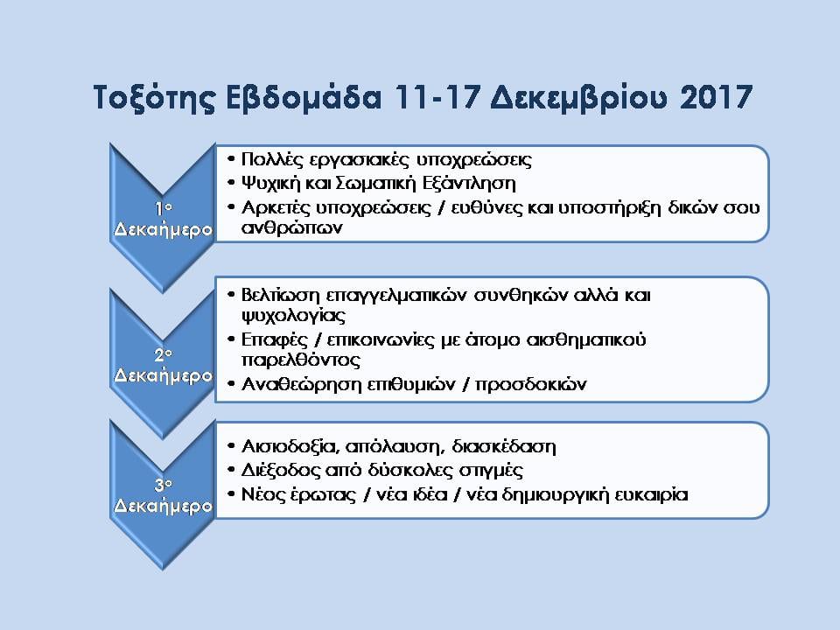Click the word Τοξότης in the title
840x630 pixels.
point(155,98)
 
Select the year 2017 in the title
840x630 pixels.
point(717,97)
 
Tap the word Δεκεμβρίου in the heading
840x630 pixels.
point(579,98)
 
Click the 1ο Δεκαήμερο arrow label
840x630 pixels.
point(163,219)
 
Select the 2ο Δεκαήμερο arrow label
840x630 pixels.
point(163,366)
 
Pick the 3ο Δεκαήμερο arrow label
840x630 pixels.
point(163,496)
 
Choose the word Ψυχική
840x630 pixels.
point(270,184)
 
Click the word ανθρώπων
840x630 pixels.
point(291,227)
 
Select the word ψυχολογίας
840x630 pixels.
point(294,316)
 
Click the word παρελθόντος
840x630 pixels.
point(300,360)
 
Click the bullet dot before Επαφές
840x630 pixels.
point(231,339)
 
